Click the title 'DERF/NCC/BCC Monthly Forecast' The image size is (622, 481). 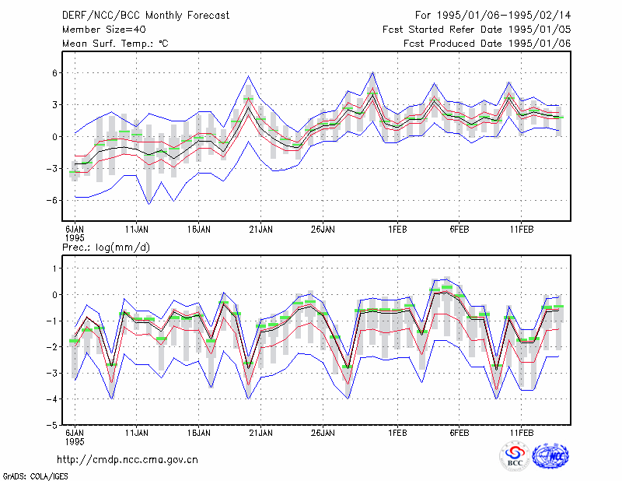[x=145, y=16]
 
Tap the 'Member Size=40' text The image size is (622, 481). [x=104, y=30]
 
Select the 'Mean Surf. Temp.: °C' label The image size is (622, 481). [x=115, y=44]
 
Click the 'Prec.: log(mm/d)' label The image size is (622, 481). [x=106, y=248]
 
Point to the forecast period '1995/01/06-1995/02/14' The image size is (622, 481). [x=504, y=16]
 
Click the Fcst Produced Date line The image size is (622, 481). [x=487, y=44]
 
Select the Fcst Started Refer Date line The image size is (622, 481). [x=477, y=30]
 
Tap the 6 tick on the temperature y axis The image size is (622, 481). [x=55, y=72]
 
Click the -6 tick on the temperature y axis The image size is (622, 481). [x=52, y=201]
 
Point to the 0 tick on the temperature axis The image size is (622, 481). [x=55, y=137]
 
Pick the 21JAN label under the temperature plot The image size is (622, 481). [x=260, y=230]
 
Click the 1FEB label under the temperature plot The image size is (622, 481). [x=397, y=230]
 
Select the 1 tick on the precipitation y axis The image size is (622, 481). [x=55, y=269]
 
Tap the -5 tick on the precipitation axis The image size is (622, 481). [x=52, y=425]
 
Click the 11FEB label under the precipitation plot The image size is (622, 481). [x=521, y=433]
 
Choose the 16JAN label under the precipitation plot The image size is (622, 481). [x=199, y=433]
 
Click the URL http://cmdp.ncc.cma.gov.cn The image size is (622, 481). [x=128, y=460]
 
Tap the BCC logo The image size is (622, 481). [x=515, y=457]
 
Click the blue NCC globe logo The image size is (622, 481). [x=550, y=456]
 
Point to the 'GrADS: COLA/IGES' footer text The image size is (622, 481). [x=35, y=476]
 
